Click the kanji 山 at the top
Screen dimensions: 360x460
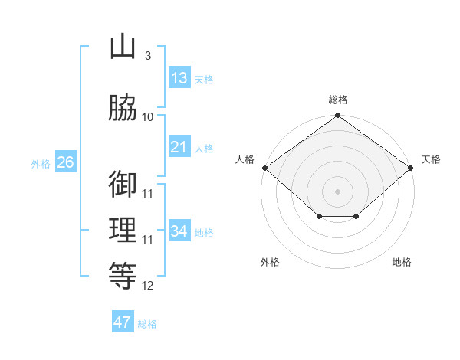click(123, 47)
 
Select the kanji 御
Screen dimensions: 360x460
click(123, 185)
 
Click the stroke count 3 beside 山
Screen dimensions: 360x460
click(147, 56)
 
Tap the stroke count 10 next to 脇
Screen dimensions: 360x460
click(148, 116)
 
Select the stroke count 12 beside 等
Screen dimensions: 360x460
click(148, 286)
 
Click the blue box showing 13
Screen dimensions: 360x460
click(179, 78)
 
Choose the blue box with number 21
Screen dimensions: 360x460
click(179, 147)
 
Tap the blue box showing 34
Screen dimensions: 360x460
click(179, 231)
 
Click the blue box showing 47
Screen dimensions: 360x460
click(123, 322)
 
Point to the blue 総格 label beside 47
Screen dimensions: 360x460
click(147, 324)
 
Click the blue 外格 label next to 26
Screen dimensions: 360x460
click(41, 164)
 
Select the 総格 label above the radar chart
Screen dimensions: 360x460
click(337, 100)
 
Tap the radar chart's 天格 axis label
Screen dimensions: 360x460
click(431, 159)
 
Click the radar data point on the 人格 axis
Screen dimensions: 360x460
click(264, 168)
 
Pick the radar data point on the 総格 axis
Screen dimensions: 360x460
click(337, 116)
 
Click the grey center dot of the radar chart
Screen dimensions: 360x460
click(337, 191)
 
